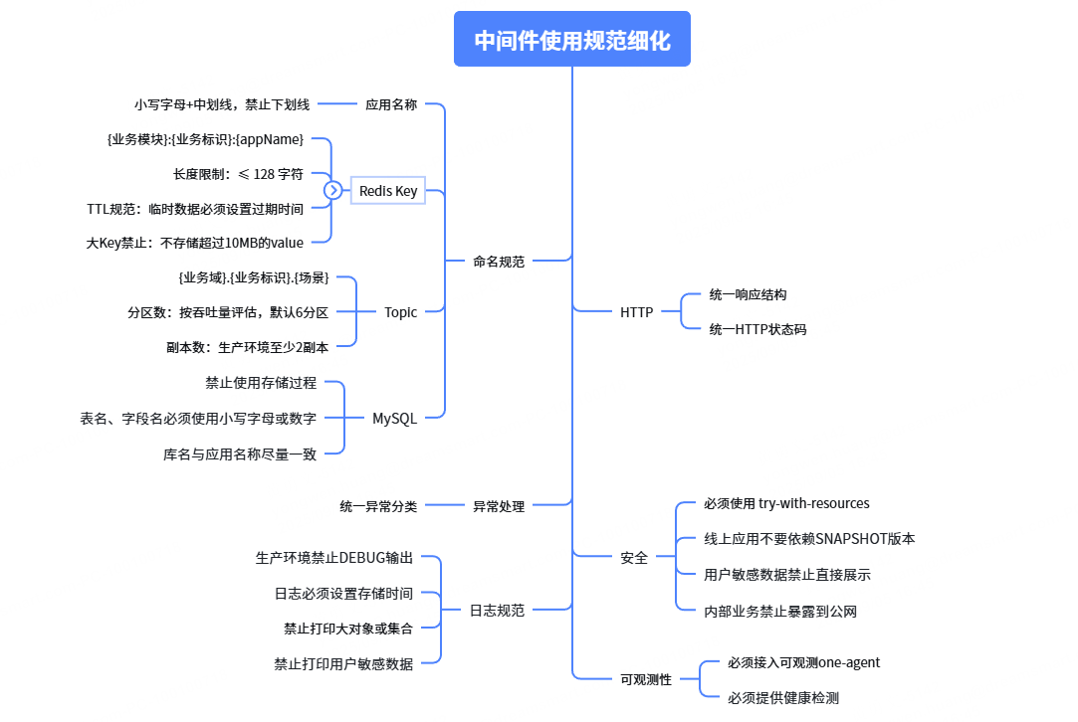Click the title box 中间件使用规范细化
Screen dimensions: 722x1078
tap(571, 40)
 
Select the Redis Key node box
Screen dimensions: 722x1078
tap(388, 190)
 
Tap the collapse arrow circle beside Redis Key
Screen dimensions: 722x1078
tap(333, 190)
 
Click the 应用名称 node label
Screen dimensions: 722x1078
tap(390, 103)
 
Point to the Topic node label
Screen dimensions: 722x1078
tap(400, 312)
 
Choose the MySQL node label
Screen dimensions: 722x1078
tap(394, 419)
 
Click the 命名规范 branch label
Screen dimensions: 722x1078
tap(499, 262)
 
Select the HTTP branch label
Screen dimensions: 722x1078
tap(636, 312)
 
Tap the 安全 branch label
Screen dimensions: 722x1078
tap(634, 558)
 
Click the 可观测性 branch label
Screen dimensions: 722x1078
tap(646, 680)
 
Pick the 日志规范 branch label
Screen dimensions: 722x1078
tap(497, 611)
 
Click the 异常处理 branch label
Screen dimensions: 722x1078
tap(499, 506)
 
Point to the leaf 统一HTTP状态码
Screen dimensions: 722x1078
tap(757, 329)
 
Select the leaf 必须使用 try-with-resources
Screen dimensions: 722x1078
tap(786, 504)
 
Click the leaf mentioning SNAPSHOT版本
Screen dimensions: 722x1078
tap(809, 539)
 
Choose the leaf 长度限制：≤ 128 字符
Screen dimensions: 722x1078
tap(238, 174)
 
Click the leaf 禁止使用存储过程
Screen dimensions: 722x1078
tap(261, 382)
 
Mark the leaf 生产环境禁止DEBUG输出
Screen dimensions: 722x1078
tap(333, 558)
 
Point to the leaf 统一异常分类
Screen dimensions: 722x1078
tap(378, 506)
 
